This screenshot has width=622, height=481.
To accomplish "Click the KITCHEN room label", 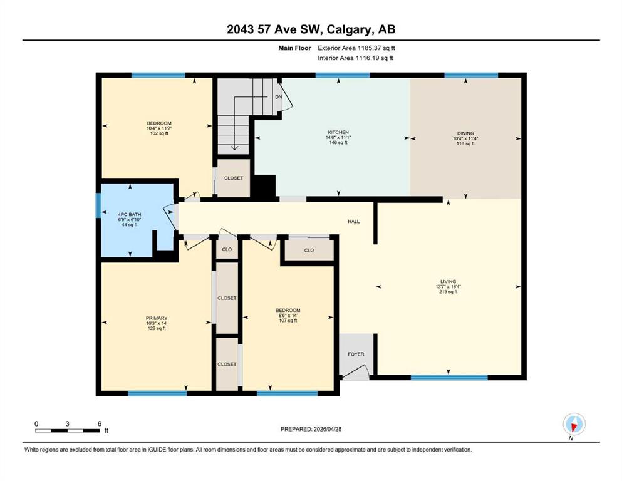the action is (x=338, y=132).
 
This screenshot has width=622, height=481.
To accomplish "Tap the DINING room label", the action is (x=465, y=133).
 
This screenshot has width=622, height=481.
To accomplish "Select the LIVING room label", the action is (x=448, y=282).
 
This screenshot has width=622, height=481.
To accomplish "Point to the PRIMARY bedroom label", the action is (x=157, y=318).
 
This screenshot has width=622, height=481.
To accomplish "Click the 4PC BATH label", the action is (x=129, y=215).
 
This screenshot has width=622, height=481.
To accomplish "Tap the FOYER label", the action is (x=356, y=354).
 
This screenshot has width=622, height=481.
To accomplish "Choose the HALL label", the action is (x=353, y=222).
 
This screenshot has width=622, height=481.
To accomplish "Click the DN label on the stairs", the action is (x=279, y=97).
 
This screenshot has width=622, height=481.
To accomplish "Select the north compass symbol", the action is (x=574, y=424).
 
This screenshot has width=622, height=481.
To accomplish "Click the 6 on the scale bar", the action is (x=100, y=423).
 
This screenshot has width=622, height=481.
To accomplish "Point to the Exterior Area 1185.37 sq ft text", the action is (x=356, y=48).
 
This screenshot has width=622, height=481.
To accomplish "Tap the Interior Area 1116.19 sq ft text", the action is (x=355, y=58).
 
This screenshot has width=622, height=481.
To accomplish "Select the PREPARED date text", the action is (x=311, y=429).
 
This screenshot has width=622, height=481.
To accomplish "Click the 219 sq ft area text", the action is (x=448, y=292).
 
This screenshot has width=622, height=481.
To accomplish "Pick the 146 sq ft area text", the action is (x=338, y=143).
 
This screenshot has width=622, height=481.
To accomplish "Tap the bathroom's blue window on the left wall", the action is (x=98, y=205).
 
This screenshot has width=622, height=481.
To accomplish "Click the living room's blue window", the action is (x=449, y=378).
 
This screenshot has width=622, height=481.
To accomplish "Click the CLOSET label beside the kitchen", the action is (x=233, y=178).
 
